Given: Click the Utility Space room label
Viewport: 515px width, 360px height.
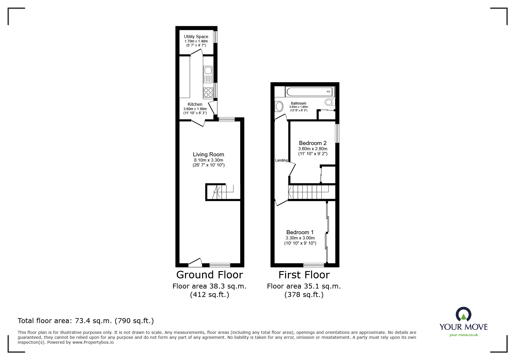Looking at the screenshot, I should click(196, 37).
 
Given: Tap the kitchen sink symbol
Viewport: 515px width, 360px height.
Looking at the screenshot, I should click(208, 71).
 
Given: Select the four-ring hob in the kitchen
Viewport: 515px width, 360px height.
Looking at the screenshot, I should click(208, 92).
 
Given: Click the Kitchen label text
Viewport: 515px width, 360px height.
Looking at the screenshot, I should click(195, 104).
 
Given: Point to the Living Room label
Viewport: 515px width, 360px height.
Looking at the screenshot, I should click(209, 155).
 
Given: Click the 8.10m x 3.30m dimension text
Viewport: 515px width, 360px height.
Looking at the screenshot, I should click(209, 160).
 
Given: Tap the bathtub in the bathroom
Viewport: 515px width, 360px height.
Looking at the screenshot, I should click(310, 92).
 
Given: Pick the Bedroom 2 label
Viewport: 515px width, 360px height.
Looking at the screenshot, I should click(313, 143).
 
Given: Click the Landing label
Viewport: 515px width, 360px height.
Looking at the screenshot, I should click(281, 160).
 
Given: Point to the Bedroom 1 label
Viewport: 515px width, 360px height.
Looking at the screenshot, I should click(300, 232).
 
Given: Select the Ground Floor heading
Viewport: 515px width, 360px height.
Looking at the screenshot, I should click(209, 275).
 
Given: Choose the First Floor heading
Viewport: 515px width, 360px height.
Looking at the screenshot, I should click(304, 275).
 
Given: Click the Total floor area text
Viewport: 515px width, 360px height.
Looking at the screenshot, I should click(86, 321).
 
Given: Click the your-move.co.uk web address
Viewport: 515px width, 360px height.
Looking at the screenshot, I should click(464, 335).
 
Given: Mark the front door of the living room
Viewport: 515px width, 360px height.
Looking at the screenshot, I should click(195, 263).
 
